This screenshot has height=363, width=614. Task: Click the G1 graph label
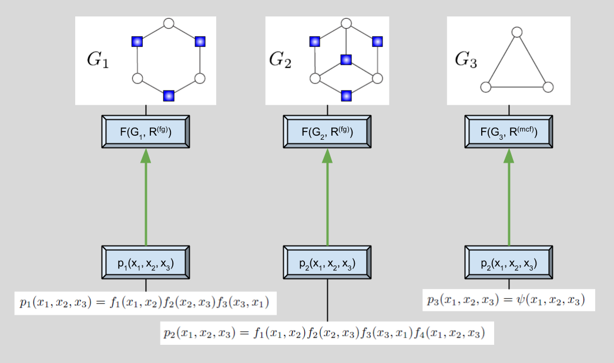98,60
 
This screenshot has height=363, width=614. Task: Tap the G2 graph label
280,60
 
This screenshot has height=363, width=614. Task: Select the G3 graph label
466,60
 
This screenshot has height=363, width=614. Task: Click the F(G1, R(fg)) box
146,132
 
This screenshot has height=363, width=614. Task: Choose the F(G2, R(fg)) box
327,132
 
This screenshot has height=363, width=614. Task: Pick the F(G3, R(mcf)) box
509,132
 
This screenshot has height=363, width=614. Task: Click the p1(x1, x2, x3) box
146,263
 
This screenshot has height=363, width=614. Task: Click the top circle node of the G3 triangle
516,32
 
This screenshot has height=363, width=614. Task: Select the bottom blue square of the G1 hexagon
169,95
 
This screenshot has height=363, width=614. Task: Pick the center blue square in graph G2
346,60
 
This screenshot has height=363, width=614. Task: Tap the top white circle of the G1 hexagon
169,23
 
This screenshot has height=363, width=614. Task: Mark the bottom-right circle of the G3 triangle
548,87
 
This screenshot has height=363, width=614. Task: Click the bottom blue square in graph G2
346,95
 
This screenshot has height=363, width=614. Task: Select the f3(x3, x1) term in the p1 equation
246,303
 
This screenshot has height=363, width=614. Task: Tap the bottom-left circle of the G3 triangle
485,87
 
